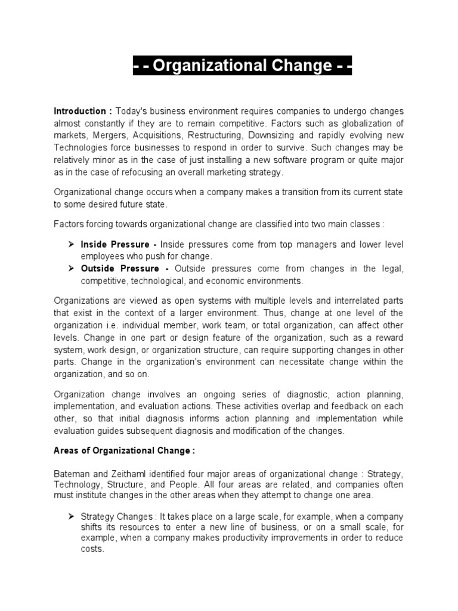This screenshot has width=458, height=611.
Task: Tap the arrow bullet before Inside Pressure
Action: pos(70,245)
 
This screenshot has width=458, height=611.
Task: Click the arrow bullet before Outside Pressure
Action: pos(70,269)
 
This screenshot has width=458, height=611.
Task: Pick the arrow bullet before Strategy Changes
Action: pos(70,516)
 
